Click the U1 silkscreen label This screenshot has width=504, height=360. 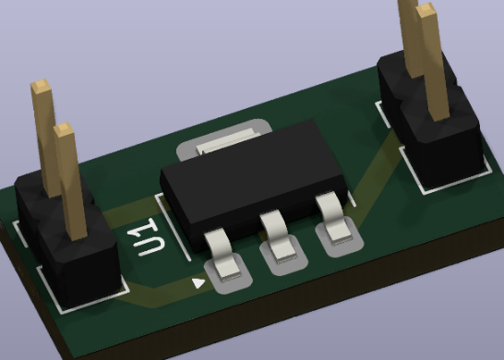pos(147,237)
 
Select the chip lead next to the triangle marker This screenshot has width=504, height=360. pos(222,255)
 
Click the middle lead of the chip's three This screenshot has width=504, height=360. pos(279,235)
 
